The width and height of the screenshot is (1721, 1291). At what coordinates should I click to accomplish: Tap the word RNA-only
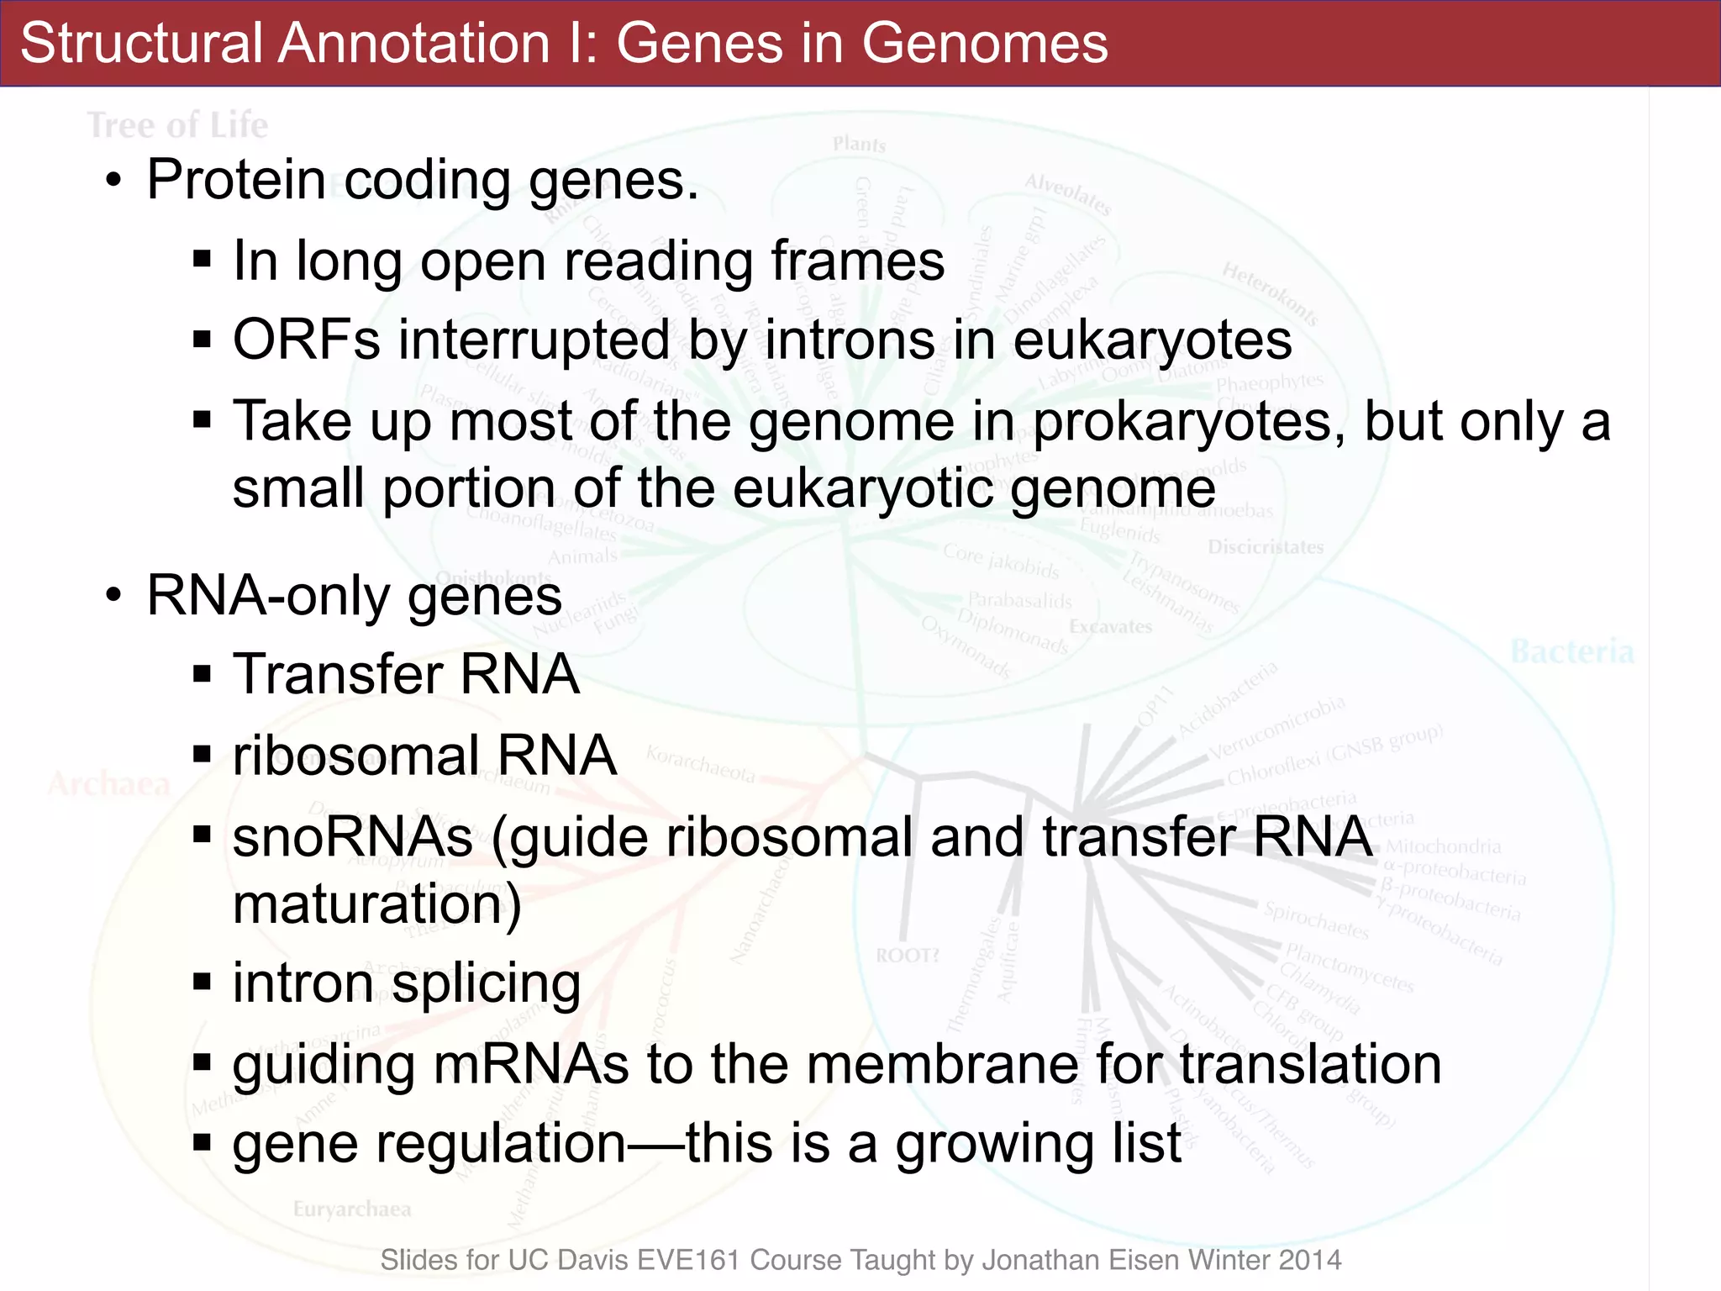[268, 596]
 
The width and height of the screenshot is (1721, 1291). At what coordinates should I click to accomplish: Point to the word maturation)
[377, 904]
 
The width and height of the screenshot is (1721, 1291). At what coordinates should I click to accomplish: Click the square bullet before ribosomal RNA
[202, 755]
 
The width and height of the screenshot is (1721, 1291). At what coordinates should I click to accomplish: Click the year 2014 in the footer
[1310, 1260]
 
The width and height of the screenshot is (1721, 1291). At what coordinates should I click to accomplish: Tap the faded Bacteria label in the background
[1572, 651]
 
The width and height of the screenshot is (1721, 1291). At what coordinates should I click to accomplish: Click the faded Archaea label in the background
[109, 784]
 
